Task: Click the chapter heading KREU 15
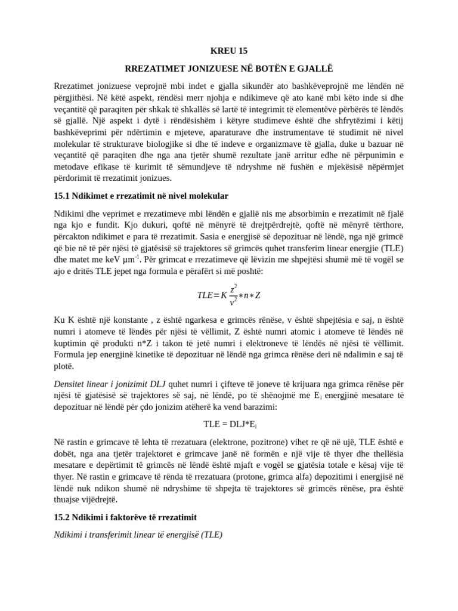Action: (229, 51)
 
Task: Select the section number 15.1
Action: (62, 196)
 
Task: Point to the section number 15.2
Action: (62, 517)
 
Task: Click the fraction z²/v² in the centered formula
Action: (234, 295)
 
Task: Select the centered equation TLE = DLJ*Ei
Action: (229, 424)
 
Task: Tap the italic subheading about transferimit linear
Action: (138, 535)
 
